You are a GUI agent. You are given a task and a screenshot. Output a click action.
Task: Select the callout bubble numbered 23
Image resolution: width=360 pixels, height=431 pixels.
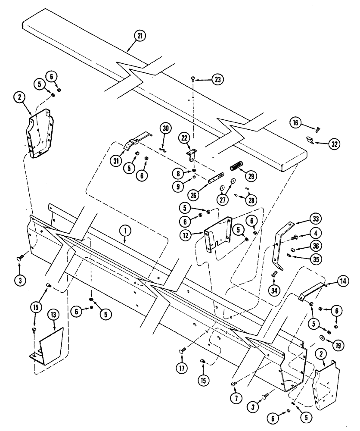(x=218, y=80)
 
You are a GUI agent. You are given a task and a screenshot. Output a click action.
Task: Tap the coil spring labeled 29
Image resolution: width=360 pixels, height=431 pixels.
(x=236, y=165)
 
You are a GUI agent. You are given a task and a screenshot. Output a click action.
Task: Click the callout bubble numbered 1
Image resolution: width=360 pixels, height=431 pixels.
(x=125, y=231)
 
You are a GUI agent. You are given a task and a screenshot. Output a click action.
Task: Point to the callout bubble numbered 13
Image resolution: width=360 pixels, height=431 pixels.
(x=53, y=316)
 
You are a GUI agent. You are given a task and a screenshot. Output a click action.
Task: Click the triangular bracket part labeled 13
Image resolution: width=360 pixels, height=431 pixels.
(x=50, y=345)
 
